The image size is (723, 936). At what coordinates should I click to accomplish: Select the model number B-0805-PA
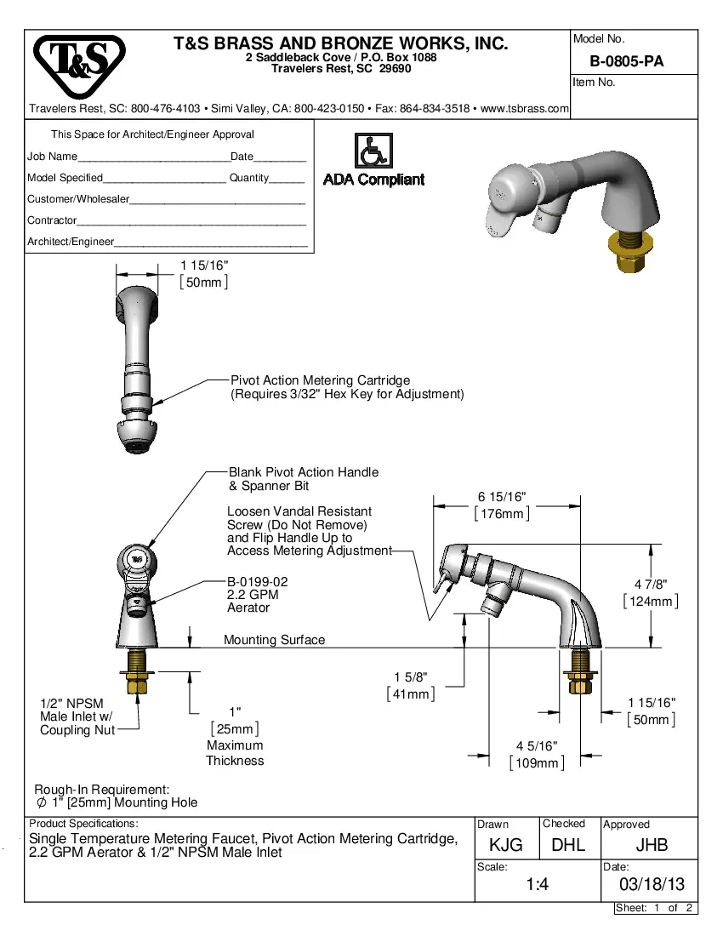[626, 61]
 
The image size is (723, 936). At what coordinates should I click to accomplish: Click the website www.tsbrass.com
[524, 109]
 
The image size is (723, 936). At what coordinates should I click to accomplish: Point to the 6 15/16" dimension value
[502, 497]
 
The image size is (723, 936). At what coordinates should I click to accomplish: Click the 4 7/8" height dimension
[651, 585]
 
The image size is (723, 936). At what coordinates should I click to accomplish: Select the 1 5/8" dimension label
[410, 677]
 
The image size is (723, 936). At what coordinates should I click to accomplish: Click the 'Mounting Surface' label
[274, 640]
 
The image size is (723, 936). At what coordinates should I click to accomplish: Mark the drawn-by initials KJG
[505, 845]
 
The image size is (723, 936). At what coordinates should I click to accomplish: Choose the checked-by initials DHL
[568, 845]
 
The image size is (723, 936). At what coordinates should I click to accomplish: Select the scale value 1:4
[536, 885]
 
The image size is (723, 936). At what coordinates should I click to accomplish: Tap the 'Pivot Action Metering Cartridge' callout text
[320, 380]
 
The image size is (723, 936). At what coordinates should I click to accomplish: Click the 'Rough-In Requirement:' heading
[102, 790]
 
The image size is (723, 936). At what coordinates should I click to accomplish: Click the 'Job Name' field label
[52, 157]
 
